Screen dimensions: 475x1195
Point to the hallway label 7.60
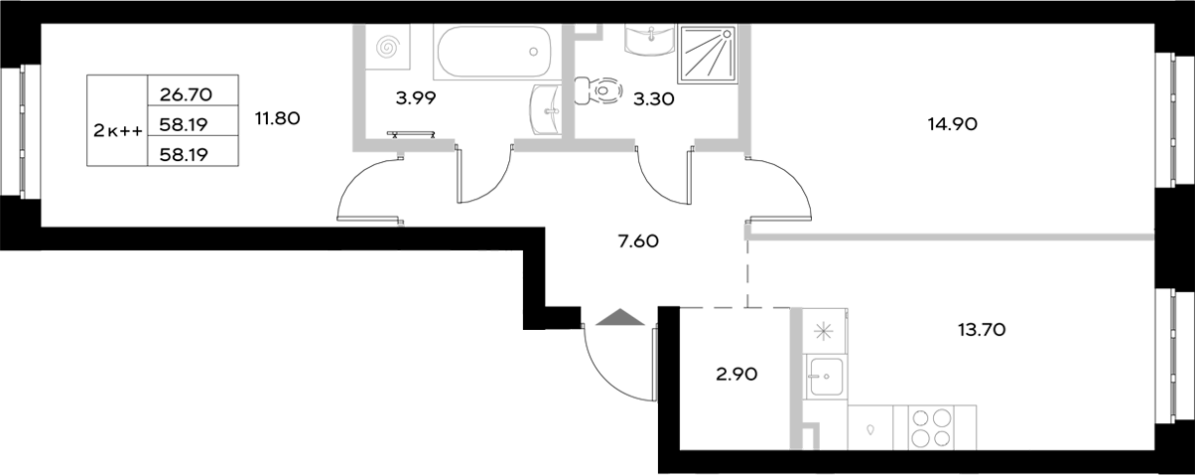click(638, 239)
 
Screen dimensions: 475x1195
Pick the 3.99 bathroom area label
click(416, 97)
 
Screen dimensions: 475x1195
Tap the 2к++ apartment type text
click(116, 129)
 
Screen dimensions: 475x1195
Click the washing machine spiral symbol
click(388, 48)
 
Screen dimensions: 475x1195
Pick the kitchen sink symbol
click(824, 376)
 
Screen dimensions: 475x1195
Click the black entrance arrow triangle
click(618, 317)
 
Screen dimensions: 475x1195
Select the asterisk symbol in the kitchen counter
click(823, 332)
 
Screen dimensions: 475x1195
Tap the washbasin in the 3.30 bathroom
click(651, 39)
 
